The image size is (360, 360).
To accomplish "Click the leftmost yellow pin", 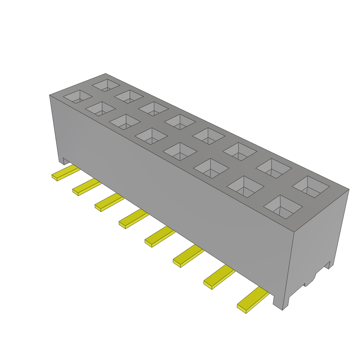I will tap(65, 172).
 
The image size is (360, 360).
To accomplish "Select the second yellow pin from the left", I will tap(86, 186).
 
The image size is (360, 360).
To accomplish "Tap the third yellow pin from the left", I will tap(109, 202).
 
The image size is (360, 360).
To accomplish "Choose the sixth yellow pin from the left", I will tap(188, 256).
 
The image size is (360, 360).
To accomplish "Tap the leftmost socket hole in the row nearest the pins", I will tap(77, 97).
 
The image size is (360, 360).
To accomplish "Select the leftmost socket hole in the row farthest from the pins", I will tap(106, 85).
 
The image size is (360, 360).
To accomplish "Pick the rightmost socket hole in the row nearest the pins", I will tap(283, 207).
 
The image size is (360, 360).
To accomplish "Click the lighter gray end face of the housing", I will tap(316, 239).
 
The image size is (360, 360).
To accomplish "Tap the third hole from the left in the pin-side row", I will tap(125, 122).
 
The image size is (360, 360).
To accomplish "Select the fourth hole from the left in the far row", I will tap(180, 122).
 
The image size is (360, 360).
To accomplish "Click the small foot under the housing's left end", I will tap(66, 161).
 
